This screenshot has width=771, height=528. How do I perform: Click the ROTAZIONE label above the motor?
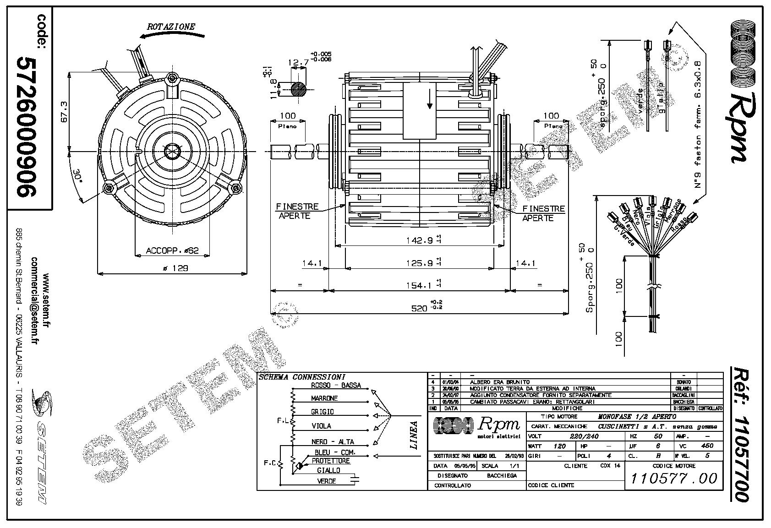point(170,27)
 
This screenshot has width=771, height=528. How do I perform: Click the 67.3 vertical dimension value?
point(64,111)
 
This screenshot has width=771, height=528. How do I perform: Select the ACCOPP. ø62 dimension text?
point(172,250)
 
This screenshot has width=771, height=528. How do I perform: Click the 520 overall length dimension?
point(419,309)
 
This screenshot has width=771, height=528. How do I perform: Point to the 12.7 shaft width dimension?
point(298,62)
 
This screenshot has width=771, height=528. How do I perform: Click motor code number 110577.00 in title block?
point(674,479)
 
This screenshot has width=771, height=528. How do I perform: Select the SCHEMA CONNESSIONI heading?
point(302,377)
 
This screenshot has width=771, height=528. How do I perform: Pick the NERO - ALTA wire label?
point(333,442)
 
